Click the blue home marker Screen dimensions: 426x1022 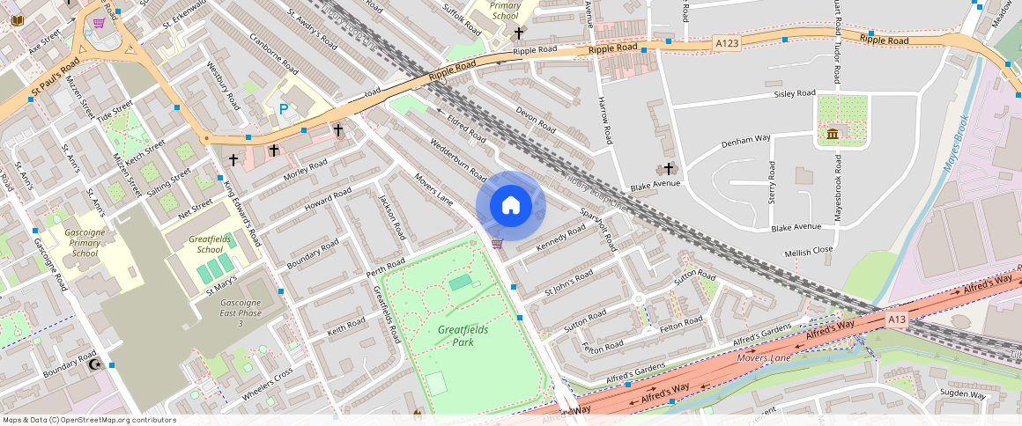(511, 206)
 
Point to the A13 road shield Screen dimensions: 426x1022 (897, 319)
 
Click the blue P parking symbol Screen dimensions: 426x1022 (284, 109)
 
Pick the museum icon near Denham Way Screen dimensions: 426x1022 (833, 134)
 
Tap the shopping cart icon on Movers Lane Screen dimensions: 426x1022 (497, 244)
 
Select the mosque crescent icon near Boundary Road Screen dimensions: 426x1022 (94, 364)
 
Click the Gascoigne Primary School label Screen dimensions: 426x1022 (85, 241)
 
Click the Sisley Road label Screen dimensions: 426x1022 (795, 93)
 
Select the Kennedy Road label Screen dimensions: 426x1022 (561, 238)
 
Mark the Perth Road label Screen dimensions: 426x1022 (385, 268)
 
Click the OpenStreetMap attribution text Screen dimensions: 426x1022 (89, 420)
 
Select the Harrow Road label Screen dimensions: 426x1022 (605, 121)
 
